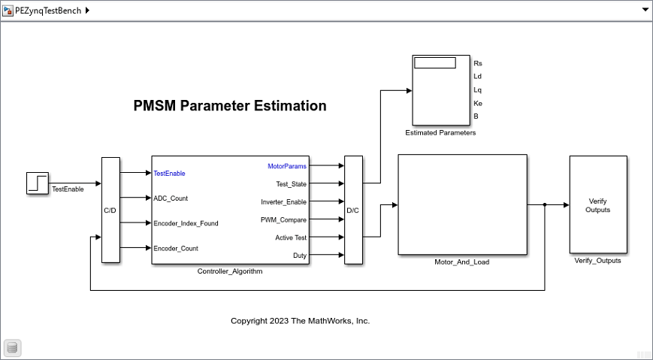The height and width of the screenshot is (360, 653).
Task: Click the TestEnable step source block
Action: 38,183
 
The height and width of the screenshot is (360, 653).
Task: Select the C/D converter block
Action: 110,210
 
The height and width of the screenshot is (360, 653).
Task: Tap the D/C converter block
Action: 354,210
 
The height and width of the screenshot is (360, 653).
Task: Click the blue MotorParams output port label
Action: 287,166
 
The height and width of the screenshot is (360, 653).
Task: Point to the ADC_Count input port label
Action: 171,198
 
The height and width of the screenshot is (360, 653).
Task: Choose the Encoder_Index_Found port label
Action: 186,223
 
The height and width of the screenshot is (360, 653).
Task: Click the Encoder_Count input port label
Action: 176,248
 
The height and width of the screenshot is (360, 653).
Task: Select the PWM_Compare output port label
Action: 283,220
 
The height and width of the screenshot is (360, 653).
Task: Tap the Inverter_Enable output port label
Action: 283,202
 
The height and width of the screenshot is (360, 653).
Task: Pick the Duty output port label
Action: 300,256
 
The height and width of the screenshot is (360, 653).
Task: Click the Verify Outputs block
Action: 598,204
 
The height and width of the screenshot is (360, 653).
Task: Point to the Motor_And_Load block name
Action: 462,262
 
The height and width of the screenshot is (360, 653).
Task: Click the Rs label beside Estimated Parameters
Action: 478,63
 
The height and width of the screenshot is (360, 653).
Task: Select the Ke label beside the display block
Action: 478,103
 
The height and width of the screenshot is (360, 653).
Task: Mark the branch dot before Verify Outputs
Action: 545,204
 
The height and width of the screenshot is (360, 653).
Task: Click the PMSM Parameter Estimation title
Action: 230,105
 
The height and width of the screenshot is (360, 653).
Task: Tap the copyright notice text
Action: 301,321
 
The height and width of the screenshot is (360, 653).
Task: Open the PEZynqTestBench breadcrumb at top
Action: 48,11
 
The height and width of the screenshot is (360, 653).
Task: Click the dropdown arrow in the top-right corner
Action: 645,10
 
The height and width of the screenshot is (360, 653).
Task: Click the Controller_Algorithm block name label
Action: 230,271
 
